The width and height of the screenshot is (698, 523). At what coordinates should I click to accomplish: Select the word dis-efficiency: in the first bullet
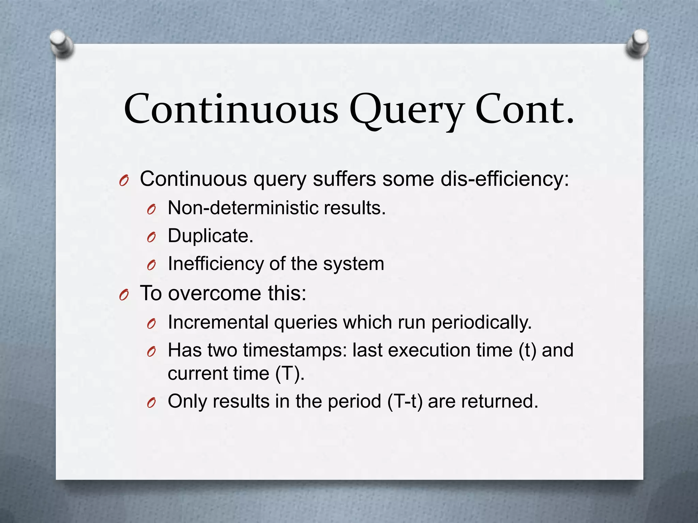click(504, 179)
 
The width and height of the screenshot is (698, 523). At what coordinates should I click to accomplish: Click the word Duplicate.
click(210, 236)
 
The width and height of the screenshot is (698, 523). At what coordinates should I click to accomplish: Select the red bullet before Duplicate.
click(151, 237)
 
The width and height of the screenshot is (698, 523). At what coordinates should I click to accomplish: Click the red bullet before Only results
click(151, 403)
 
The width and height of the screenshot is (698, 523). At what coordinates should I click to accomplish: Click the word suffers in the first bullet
click(344, 179)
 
